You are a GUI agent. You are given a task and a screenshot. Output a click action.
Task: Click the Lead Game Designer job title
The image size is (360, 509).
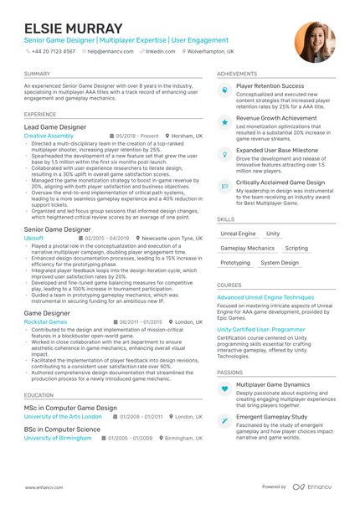point(55,126)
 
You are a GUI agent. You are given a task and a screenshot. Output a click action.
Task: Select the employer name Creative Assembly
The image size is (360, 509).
point(49,136)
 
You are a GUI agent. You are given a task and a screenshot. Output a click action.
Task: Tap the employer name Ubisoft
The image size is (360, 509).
point(35,238)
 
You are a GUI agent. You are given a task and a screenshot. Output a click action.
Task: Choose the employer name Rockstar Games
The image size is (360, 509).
point(45,321)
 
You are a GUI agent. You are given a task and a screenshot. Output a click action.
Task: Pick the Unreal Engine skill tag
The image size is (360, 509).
point(238,234)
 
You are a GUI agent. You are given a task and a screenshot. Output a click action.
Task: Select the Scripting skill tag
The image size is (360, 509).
point(296,249)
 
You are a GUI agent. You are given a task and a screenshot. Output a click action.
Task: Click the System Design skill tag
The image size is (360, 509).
point(279,263)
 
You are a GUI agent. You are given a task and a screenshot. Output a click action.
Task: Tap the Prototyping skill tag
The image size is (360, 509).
point(235,263)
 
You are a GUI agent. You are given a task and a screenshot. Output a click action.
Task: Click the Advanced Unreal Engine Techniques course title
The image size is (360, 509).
point(265,297)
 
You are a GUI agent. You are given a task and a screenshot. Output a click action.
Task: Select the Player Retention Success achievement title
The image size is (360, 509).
point(270,85)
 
